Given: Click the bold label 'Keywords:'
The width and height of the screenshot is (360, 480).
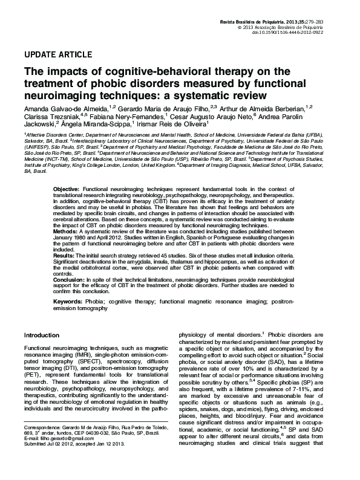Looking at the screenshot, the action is coord(68,301).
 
